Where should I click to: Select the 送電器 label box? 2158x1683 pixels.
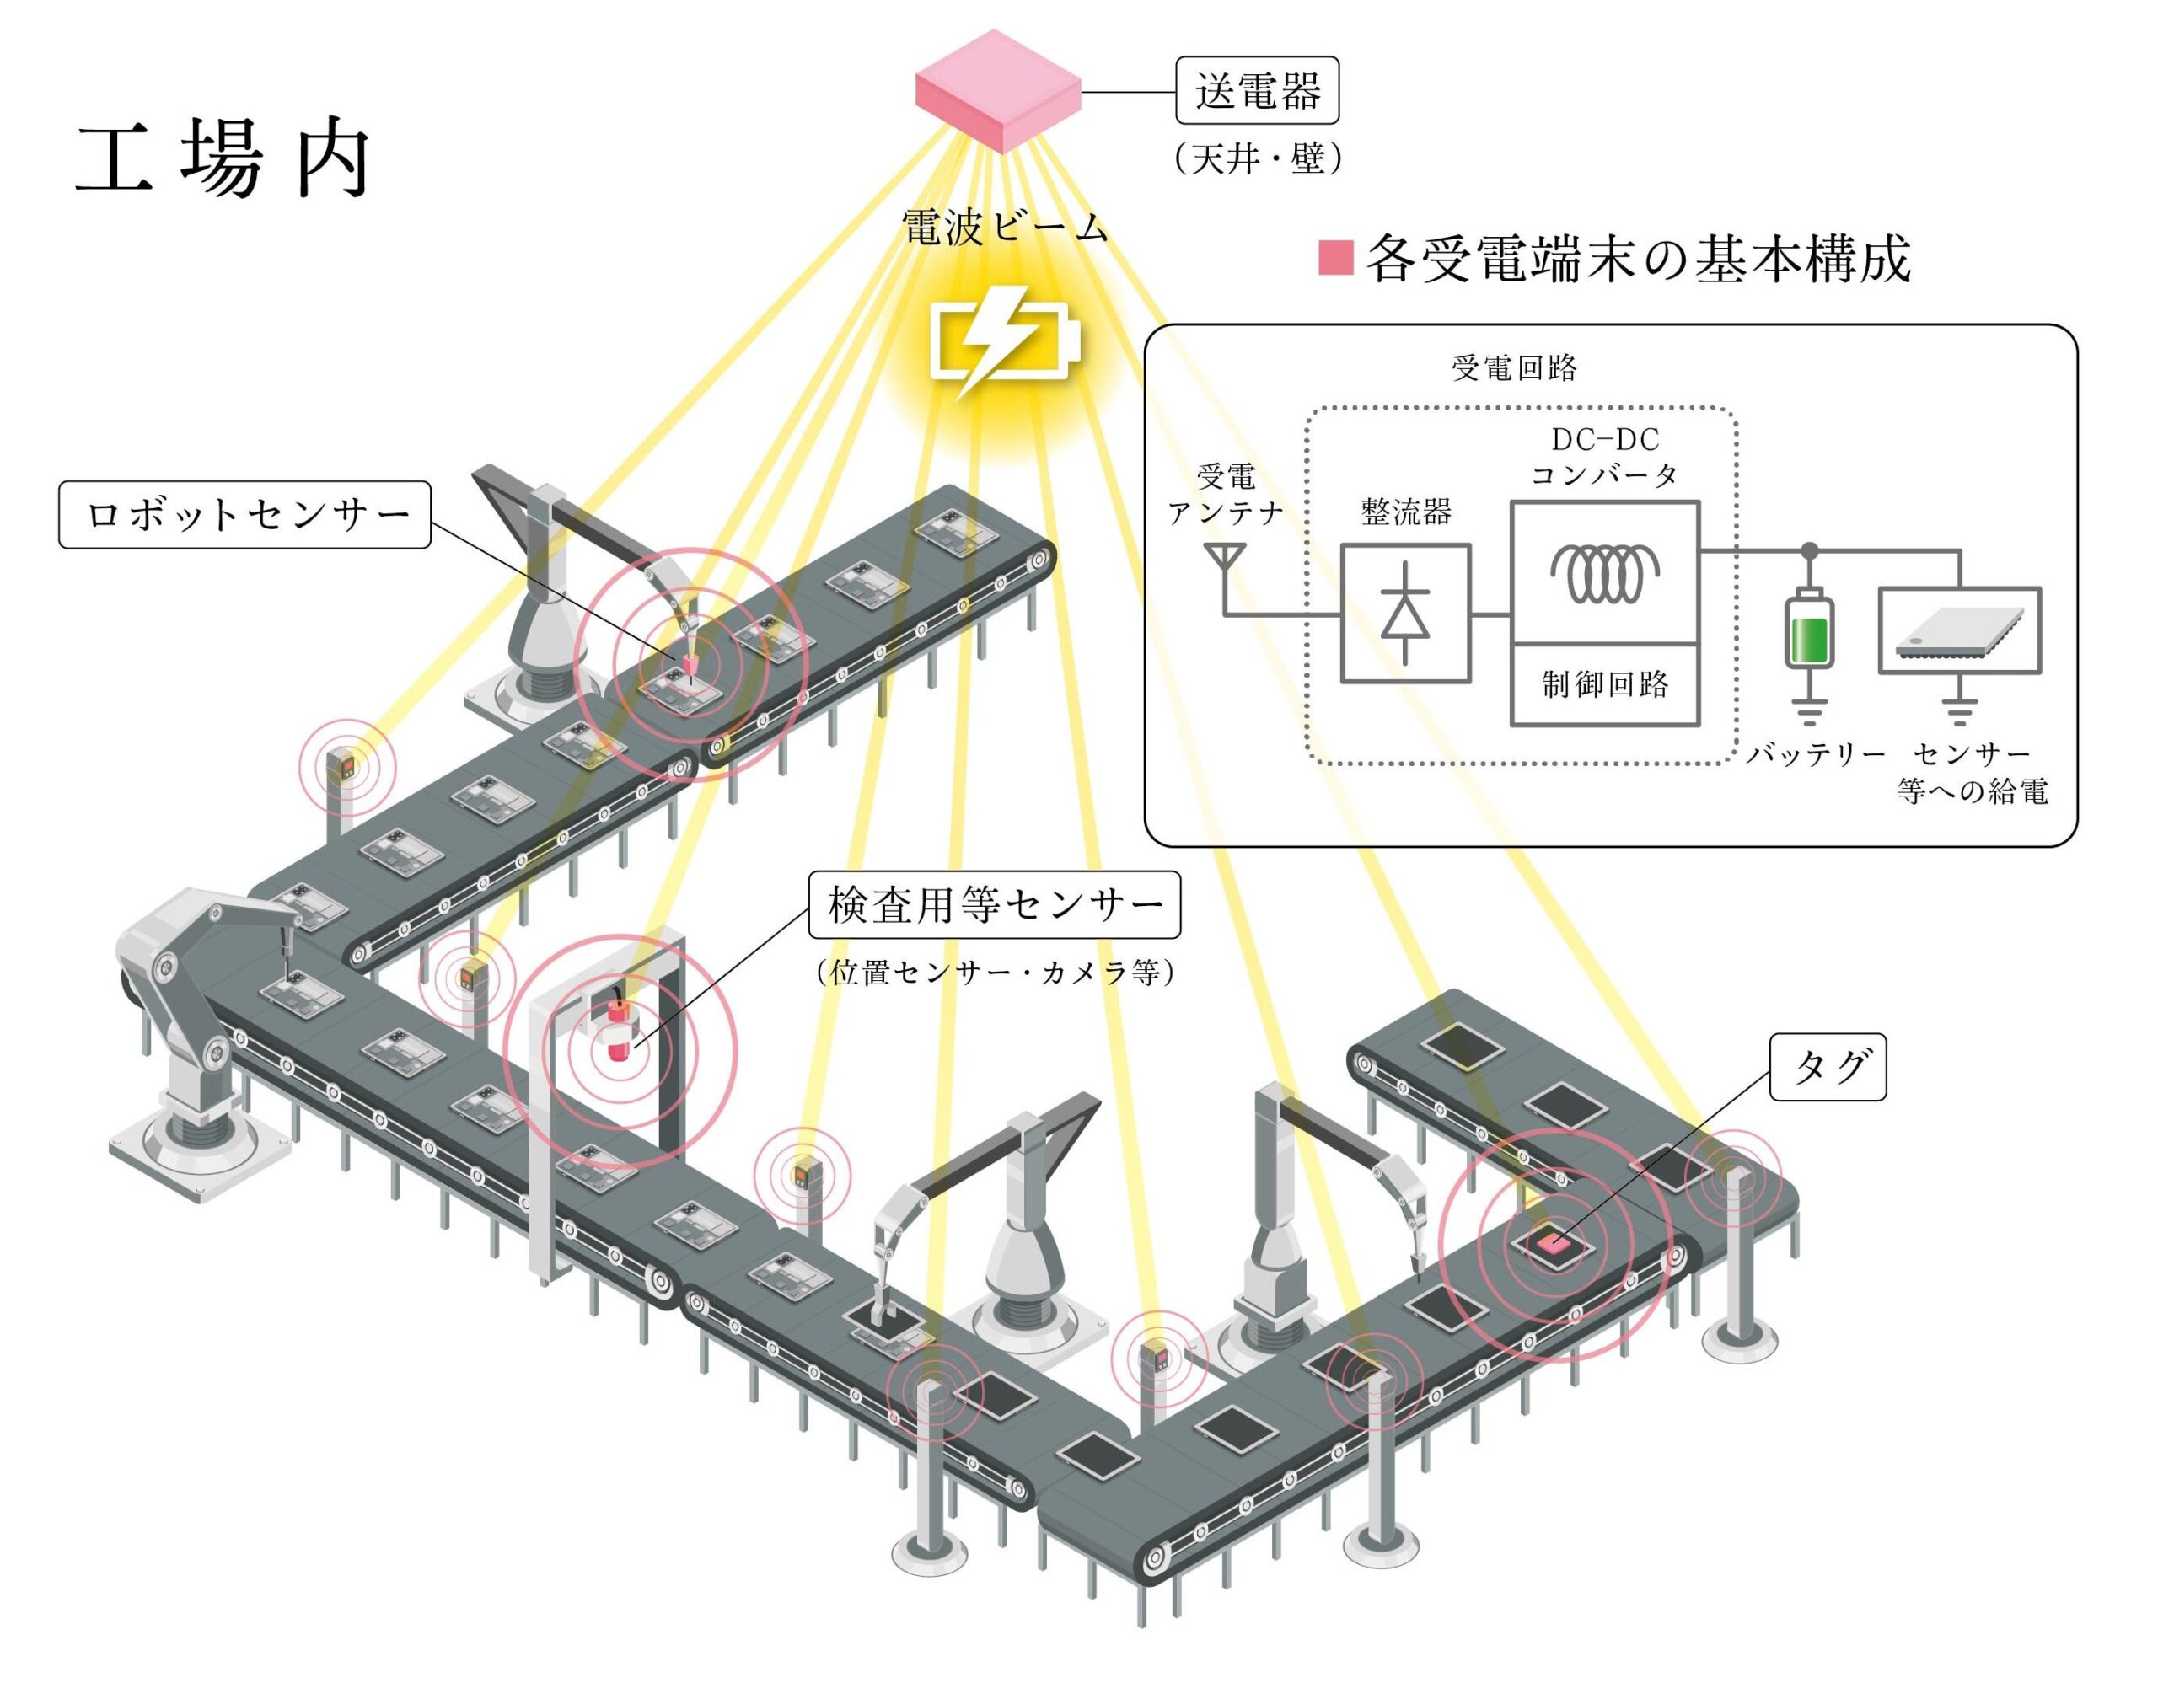pyautogui.click(x=1257, y=91)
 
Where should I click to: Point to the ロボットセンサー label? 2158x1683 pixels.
pyautogui.click(x=245, y=515)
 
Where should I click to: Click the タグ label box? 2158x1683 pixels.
pyautogui.click(x=1828, y=1067)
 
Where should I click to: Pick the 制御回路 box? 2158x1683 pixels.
pyautogui.click(x=1605, y=684)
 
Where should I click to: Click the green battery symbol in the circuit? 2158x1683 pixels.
pyautogui.click(x=1809, y=633)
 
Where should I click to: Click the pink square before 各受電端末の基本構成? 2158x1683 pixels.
pyautogui.click(x=1335, y=258)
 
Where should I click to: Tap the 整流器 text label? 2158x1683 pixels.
pyautogui.click(x=1405, y=512)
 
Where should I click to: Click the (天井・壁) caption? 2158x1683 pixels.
pyautogui.click(x=1258, y=158)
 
